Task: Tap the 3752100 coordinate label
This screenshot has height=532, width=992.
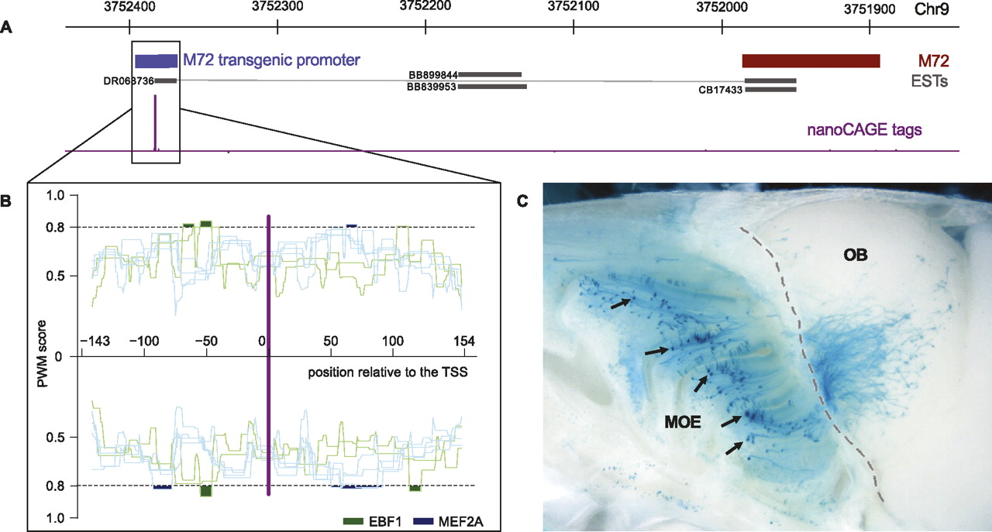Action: pyautogui.click(x=573, y=9)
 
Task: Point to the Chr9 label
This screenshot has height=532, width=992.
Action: pyautogui.click(x=940, y=9)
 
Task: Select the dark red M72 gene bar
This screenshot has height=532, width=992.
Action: pyautogui.click(x=811, y=61)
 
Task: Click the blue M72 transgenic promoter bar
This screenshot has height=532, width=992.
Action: pyautogui.click(x=156, y=61)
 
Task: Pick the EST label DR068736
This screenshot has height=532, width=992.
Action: pyautogui.click(x=128, y=81)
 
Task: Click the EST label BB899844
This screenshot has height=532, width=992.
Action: pyautogui.click(x=432, y=75)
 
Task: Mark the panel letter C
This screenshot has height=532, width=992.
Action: pyautogui.click(x=522, y=202)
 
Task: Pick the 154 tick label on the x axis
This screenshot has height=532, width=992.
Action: pyautogui.click(x=462, y=341)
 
